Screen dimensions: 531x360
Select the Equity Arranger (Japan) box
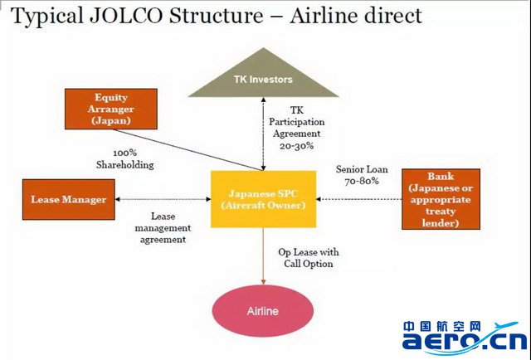[111, 109]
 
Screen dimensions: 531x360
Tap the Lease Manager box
[69, 199]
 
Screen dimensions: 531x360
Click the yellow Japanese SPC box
[264, 199]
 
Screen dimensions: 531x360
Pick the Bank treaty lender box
[441, 199]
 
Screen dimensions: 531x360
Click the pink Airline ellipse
[263, 311]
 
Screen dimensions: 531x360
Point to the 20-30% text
[297, 146]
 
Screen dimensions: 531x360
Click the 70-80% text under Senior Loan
[362, 181]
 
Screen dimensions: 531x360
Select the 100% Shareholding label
[125, 158]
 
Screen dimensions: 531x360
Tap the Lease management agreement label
[163, 228]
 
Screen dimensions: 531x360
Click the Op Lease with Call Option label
[309, 258]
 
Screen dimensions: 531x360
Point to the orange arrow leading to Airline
[264, 256]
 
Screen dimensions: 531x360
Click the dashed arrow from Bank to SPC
[359, 199]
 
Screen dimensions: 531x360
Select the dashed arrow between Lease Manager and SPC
[163, 199]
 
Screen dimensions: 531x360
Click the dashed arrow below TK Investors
[264, 134]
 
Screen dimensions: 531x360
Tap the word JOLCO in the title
[126, 16]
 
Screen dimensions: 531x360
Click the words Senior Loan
[362, 169]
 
